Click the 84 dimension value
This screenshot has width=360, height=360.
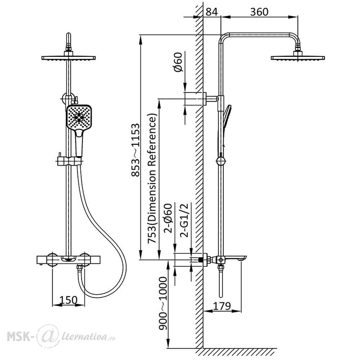(211, 12)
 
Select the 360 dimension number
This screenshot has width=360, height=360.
(259, 12)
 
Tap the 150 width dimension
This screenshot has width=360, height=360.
(68, 300)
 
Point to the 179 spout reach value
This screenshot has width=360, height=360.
(222, 306)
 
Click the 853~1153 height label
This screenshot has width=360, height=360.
(135, 150)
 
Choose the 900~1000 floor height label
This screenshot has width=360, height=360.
(163, 303)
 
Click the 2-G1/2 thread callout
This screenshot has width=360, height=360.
(184, 220)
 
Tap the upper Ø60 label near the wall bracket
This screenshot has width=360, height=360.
(178, 62)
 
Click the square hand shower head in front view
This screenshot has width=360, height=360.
(79, 117)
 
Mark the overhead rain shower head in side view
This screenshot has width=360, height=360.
(298, 56)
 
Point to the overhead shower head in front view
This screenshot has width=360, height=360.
(69, 56)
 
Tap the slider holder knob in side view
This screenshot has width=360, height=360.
(221, 161)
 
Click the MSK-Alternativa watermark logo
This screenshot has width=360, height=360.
(61, 337)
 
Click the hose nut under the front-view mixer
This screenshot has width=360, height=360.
(80, 267)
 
